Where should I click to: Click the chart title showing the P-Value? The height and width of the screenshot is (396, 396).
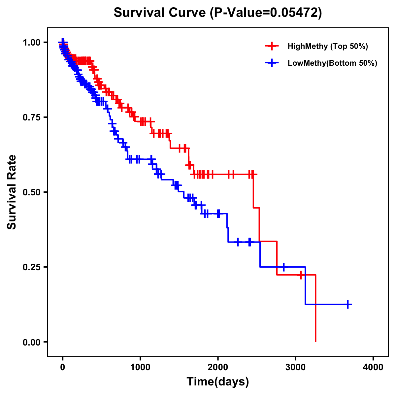pos(217,13)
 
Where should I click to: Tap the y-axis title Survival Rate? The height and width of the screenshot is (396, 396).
pos(12,192)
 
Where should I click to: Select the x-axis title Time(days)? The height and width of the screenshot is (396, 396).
pos(217,381)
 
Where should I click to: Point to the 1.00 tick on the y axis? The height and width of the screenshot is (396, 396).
pos(32,43)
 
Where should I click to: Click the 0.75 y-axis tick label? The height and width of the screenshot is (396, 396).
pos(32,117)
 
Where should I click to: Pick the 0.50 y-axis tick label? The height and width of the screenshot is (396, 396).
pos(32,192)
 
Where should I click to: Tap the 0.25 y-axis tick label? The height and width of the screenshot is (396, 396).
pos(32,267)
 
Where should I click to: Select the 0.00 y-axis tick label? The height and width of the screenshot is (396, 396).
pos(32,342)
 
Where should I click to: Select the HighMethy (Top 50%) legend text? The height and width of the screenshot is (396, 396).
pos(328,46)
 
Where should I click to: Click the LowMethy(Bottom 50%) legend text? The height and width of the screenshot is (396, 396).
pos(332,63)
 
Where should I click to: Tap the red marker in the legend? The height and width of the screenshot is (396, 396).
pos(272,46)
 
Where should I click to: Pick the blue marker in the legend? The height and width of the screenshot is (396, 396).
pos(272,63)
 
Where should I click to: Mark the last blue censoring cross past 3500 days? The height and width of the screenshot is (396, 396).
pos(348,304)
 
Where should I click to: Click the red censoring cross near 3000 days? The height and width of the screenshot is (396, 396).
pos(301,275)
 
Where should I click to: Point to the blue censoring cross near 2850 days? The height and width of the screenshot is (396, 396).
pos(284,267)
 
